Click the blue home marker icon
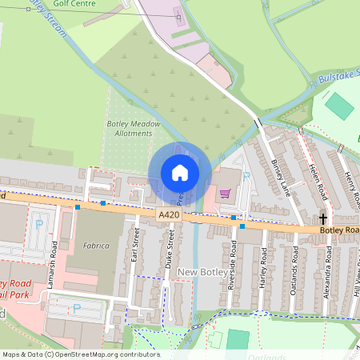180,172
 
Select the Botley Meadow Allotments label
134,129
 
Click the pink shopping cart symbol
226,193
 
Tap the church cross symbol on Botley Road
324,218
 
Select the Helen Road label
318,181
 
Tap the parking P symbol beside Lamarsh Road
38,224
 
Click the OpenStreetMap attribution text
81,354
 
